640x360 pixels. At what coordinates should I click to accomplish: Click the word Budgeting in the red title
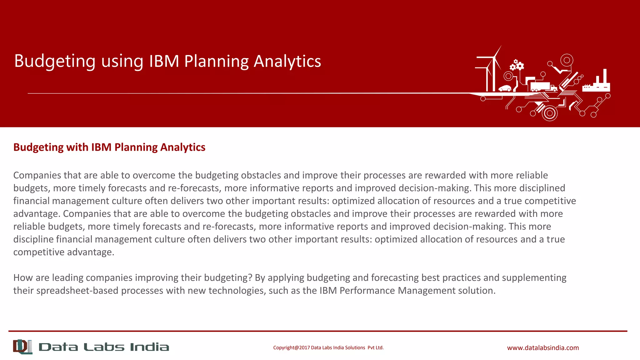tap(55, 61)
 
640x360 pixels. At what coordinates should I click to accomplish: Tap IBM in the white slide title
tap(164, 61)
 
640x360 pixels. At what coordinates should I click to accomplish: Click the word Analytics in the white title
tap(287, 61)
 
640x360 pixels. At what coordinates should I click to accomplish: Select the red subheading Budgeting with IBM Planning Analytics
tap(109, 147)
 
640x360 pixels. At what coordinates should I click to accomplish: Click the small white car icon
tap(505, 88)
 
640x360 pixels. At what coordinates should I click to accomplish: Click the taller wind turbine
tap(494, 70)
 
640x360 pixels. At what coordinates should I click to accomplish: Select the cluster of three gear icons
tap(517, 65)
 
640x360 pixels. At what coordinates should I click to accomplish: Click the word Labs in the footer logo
tap(104, 347)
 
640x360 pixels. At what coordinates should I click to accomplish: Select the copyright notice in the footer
tap(328, 347)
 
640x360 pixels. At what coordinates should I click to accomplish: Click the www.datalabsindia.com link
tap(543, 348)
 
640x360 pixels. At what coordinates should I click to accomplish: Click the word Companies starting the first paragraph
tap(37, 175)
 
